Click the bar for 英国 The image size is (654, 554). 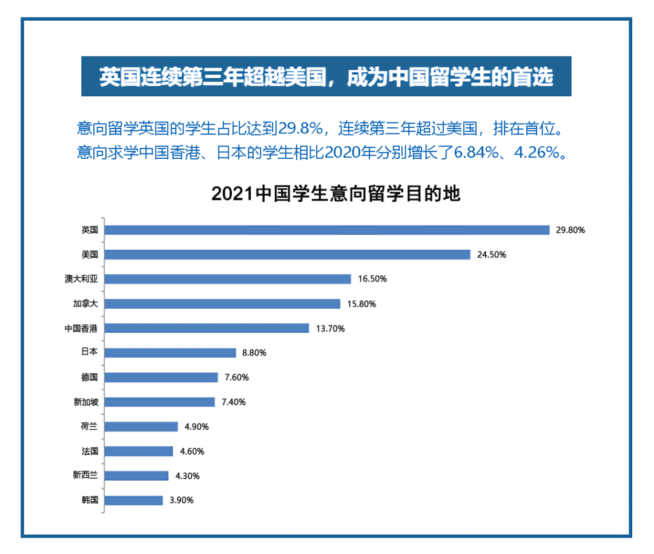pyautogui.click(x=327, y=230)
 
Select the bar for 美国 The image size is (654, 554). pyautogui.click(x=288, y=255)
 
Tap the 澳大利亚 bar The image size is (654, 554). pyautogui.click(x=228, y=279)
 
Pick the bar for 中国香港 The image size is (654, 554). pyautogui.click(x=207, y=328)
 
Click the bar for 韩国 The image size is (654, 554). pyautogui.click(x=134, y=500)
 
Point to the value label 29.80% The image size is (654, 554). pyautogui.click(x=570, y=230)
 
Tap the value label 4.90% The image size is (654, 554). pyautogui.click(x=196, y=427)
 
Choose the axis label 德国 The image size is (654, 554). pyautogui.click(x=89, y=377)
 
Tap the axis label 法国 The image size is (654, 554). pyautogui.click(x=89, y=451)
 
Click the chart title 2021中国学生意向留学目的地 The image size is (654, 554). pyautogui.click(x=335, y=194)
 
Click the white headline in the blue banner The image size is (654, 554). pyautogui.click(x=326, y=77)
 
